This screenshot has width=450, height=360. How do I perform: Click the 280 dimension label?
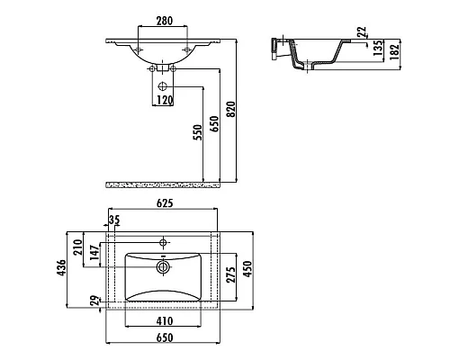165,21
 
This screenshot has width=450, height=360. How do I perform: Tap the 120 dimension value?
165,100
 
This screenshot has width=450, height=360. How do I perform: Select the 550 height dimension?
198,132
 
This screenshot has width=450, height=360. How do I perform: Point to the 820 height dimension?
231,110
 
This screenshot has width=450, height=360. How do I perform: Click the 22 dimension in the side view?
362,31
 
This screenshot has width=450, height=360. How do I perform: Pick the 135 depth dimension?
378,48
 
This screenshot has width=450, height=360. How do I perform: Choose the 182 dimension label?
395,51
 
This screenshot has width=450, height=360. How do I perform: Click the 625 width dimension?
165,203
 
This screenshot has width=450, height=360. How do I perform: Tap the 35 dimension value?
114,220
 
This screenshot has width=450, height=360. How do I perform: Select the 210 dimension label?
77,247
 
